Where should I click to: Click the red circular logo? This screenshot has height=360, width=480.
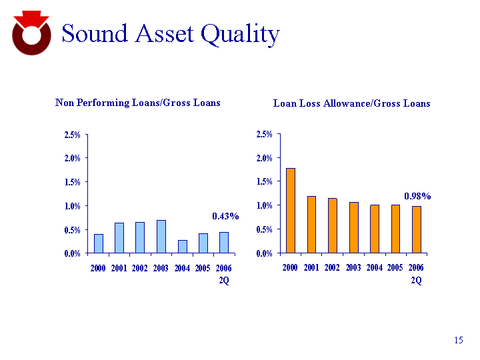tap(31, 33)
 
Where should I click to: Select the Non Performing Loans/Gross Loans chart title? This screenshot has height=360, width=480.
tap(137, 103)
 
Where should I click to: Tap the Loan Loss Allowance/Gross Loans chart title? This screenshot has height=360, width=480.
tap(352, 103)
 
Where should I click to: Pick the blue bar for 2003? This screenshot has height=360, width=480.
tap(161, 237)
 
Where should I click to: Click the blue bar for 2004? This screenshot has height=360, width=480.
tap(182, 247)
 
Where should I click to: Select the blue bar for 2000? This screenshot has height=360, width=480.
tap(99, 244)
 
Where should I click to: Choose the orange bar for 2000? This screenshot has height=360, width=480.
tap(291, 211)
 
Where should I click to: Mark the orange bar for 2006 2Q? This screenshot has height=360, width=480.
tap(416, 229)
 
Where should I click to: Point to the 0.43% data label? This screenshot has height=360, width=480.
tap(225, 216)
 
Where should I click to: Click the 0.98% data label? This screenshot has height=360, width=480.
tap(417, 196)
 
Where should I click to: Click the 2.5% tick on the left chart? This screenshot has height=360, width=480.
tap(72, 135)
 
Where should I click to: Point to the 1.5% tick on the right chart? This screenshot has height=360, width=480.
tap(265, 181)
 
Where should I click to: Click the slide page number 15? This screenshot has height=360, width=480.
tap(458, 341)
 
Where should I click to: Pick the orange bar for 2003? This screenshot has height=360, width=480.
tap(353, 227)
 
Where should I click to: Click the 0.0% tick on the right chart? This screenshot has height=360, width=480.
tap(265, 253)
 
